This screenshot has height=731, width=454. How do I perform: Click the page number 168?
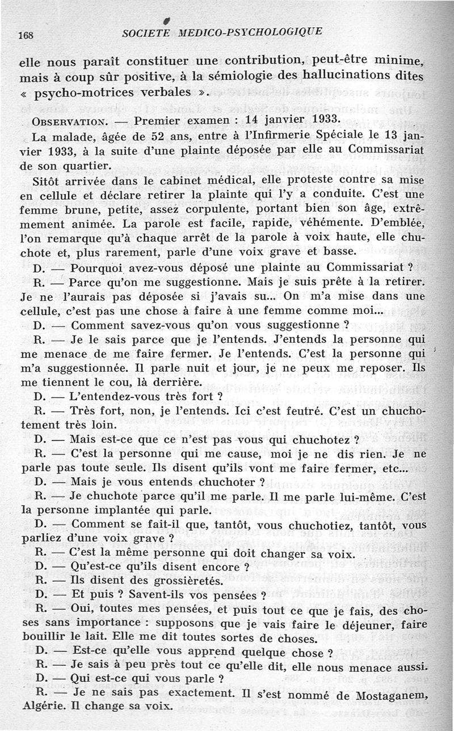click(x=26, y=35)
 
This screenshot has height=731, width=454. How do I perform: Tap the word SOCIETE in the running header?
click(x=146, y=32)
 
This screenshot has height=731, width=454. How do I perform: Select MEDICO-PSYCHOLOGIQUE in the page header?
click(x=250, y=32)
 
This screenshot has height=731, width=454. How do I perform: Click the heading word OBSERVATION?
click(x=69, y=121)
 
